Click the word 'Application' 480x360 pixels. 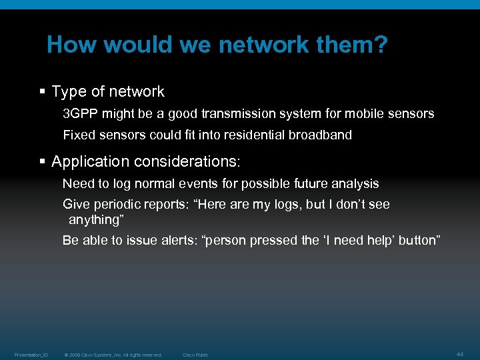point(90,162)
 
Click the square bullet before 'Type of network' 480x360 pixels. point(43,92)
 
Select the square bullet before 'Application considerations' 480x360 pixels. point(43,162)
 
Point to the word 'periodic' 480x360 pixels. point(116,205)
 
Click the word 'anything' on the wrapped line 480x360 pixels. point(96,219)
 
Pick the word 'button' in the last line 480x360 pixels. point(419,241)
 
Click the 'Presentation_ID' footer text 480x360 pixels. point(31,355)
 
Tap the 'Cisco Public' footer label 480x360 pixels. point(195,355)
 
